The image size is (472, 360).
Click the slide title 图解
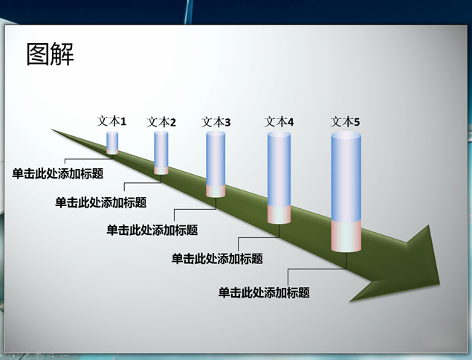click(x=51, y=54)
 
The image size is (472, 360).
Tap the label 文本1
click(x=111, y=121)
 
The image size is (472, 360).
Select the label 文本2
click(x=161, y=122)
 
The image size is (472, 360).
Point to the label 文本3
click(x=216, y=122)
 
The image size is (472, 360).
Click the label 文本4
click(x=279, y=122)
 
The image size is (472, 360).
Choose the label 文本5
click(x=346, y=122)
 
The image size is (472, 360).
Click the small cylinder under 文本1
click(x=112, y=143)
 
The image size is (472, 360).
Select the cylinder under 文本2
click(x=161, y=152)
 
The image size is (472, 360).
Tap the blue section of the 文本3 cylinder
click(x=216, y=159)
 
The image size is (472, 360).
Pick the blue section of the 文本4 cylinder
click(x=279, y=169)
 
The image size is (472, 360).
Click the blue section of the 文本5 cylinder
click(x=346, y=177)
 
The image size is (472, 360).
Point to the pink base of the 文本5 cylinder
click(x=346, y=237)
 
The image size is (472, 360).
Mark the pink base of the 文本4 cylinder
click(x=279, y=214)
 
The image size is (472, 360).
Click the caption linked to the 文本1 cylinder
click(x=58, y=173)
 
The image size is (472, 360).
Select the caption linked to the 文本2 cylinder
click(x=101, y=202)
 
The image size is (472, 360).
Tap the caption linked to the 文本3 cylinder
click(x=152, y=230)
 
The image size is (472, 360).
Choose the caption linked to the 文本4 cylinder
click(x=217, y=259)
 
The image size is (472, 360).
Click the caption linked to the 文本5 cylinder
click(x=264, y=292)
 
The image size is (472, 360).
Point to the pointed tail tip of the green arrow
click(x=51, y=129)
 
